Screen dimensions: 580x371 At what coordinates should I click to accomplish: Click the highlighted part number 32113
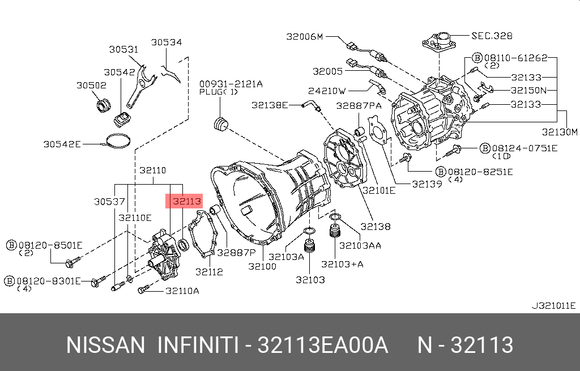(x=187, y=201)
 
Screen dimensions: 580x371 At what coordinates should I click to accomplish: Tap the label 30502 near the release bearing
(x=91, y=85)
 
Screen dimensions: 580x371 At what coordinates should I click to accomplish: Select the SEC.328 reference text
(x=492, y=36)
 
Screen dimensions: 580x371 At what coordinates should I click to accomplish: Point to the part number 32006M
(x=304, y=36)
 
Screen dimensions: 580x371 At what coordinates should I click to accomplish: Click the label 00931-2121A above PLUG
(x=231, y=84)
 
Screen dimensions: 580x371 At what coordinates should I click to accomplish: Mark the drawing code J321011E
(x=554, y=305)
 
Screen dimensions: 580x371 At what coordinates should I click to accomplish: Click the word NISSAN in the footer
(x=105, y=345)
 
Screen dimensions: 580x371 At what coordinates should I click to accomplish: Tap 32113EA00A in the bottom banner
(x=322, y=345)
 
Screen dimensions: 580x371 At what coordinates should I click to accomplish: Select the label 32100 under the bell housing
(x=262, y=266)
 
